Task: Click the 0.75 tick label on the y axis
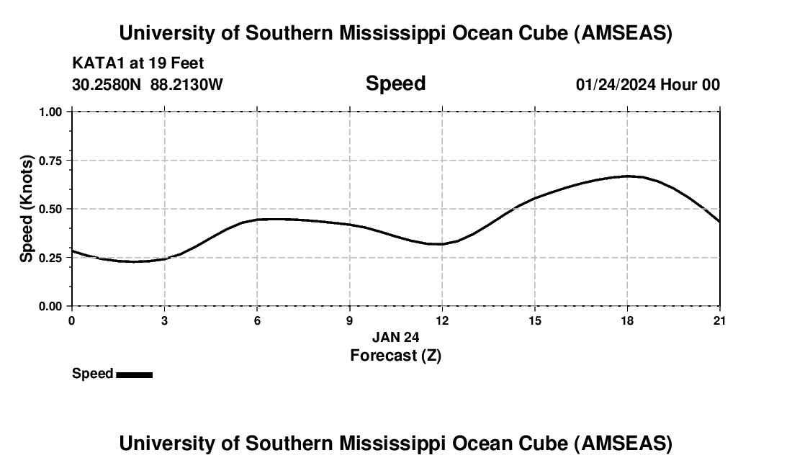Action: click(x=51, y=161)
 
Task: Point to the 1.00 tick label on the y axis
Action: click(x=51, y=112)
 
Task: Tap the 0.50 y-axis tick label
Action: click(x=51, y=209)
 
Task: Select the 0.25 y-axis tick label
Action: click(x=51, y=258)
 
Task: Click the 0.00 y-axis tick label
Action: click(x=51, y=306)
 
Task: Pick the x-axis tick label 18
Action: click(x=627, y=320)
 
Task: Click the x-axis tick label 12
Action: click(x=442, y=320)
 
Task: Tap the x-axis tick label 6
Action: click(x=257, y=320)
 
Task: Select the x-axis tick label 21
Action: click(x=719, y=320)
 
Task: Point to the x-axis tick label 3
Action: click(x=165, y=320)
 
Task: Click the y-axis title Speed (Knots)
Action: click(x=27, y=209)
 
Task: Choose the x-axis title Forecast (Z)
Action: click(x=395, y=355)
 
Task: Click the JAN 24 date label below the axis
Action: click(x=395, y=337)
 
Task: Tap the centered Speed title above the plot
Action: click(x=395, y=84)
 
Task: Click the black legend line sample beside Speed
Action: click(x=134, y=374)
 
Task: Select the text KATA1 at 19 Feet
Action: click(x=138, y=63)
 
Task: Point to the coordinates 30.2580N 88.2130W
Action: click(x=148, y=84)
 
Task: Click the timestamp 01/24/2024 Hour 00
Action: click(x=647, y=84)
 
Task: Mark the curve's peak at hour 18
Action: click(x=627, y=176)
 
